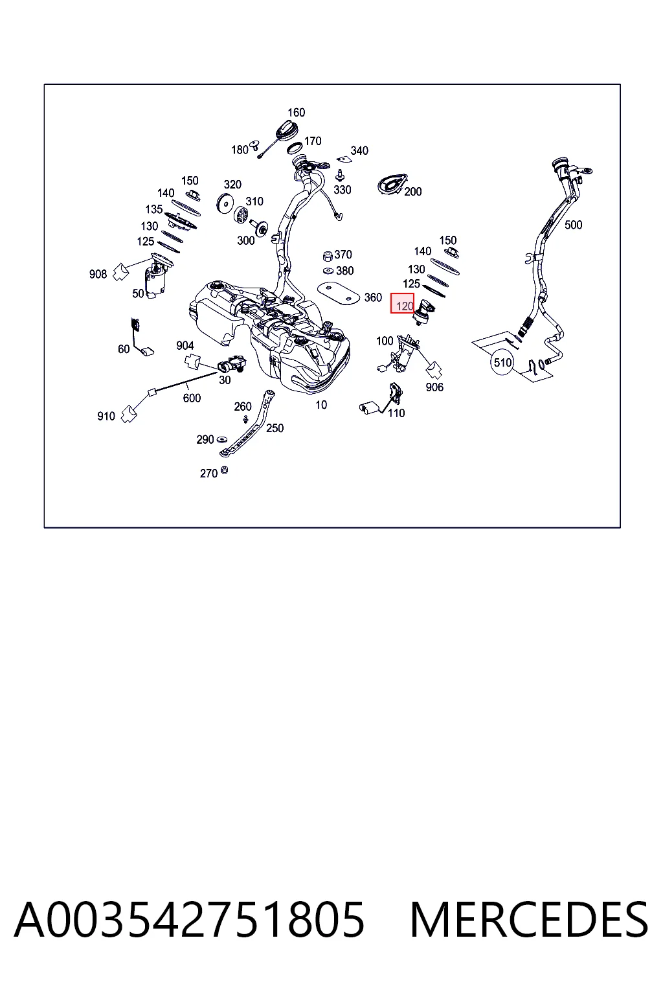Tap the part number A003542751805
189,919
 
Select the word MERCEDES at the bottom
529,919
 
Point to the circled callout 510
502,363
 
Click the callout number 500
573,225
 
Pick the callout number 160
296,112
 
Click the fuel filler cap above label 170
286,130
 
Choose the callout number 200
412,192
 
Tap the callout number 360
373,297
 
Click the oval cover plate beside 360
339,293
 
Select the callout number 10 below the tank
321,405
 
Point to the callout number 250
275,428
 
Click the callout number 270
208,474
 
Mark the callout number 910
106,417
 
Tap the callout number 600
192,398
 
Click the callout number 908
98,274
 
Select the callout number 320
232,185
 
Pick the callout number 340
359,150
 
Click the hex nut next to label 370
328,256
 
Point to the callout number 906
434,387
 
